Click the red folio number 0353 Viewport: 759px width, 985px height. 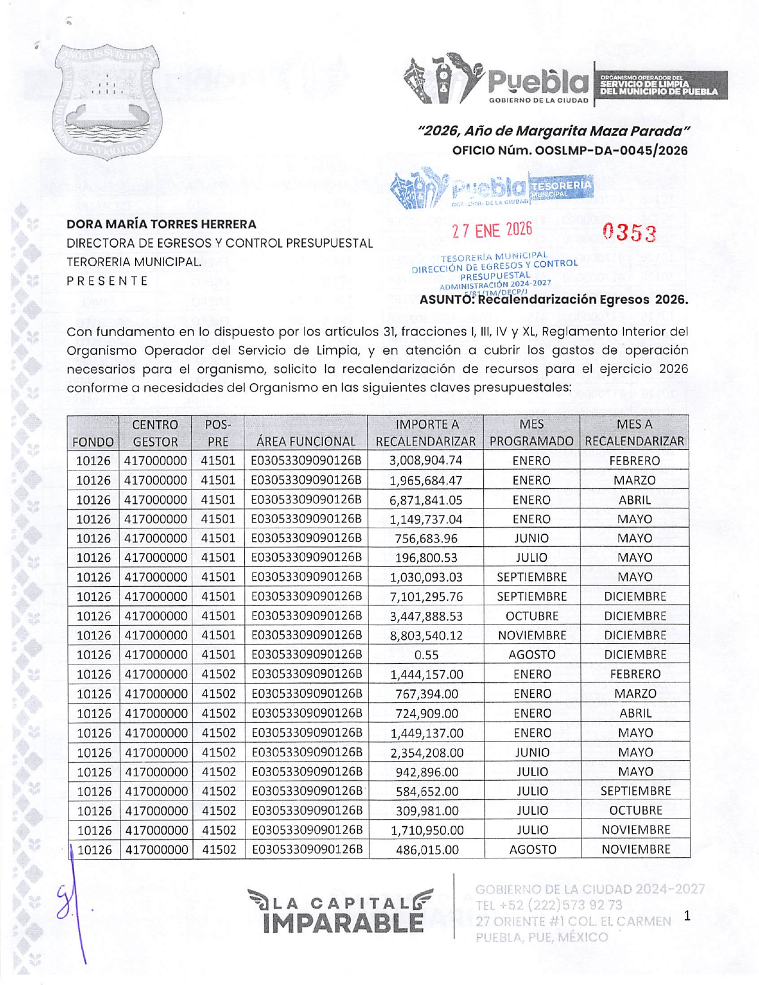click(629, 233)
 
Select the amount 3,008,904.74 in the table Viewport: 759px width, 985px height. click(426, 461)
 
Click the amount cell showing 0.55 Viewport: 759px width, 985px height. click(426, 655)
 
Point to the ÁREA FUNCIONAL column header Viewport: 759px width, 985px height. click(306, 442)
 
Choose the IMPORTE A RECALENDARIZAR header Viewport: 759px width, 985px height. click(426, 433)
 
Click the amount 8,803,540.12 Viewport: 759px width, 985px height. click(426, 636)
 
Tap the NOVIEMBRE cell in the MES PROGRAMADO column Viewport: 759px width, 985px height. click(531, 636)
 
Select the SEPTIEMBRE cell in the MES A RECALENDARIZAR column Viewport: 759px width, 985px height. click(635, 792)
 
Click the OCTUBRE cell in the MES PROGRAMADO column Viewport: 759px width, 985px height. click(531, 616)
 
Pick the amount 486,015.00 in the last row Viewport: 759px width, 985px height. click(426, 850)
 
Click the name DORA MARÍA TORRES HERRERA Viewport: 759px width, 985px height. click(161, 224)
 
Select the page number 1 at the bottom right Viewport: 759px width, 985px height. click(687, 916)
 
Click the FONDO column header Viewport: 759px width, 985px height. click(93, 442)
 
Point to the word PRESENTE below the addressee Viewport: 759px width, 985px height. click(107, 281)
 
